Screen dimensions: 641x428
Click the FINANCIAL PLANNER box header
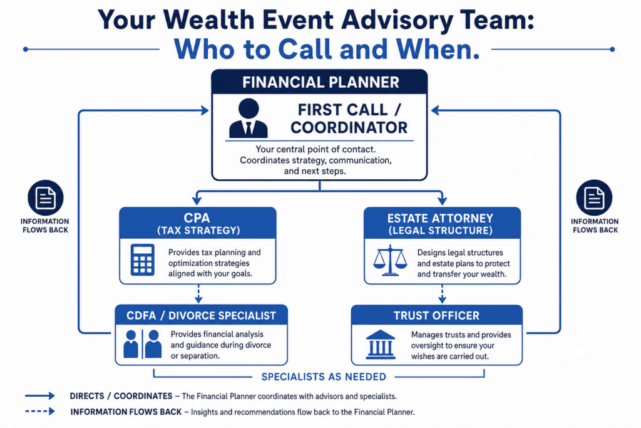pyautogui.click(x=319, y=82)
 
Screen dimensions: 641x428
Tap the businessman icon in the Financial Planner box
pyautogui.click(x=248, y=118)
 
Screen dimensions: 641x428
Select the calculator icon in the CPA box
pyautogui.click(x=142, y=260)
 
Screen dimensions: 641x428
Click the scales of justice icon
pyautogui.click(x=391, y=260)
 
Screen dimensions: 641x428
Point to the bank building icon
pyautogui.click(x=381, y=345)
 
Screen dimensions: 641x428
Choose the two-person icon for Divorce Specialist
pyautogui.click(x=142, y=344)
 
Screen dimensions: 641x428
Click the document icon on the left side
pyautogui.click(x=45, y=197)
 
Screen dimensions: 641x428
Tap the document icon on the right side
pyautogui.click(x=594, y=197)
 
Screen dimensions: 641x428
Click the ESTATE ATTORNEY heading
pyautogui.click(x=440, y=218)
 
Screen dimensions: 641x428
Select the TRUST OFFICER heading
pyautogui.click(x=436, y=315)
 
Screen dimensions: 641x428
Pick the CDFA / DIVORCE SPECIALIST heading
pyautogui.click(x=201, y=315)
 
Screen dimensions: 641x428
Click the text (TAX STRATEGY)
pyautogui.click(x=198, y=231)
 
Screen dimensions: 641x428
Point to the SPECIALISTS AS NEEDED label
pyautogui.click(x=324, y=377)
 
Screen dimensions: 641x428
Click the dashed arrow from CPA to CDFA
pyautogui.click(x=198, y=294)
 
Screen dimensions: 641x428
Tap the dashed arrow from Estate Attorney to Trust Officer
pyautogui.click(x=442, y=294)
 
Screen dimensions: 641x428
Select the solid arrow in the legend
pyautogui.click(x=39, y=395)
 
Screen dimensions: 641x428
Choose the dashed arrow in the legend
pyautogui.click(x=39, y=411)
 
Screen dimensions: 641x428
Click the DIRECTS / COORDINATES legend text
pyautogui.click(x=121, y=396)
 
